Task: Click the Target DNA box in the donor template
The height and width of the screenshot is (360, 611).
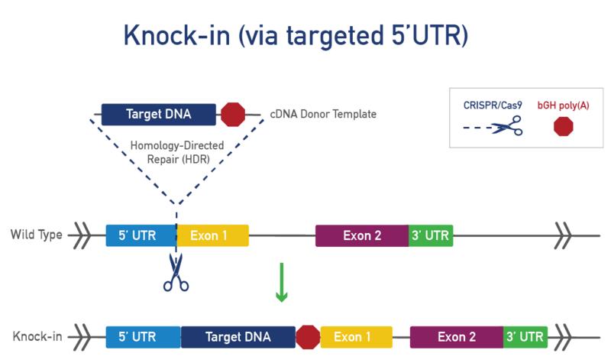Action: (159, 115)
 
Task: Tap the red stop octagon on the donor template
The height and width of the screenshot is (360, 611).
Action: (232, 115)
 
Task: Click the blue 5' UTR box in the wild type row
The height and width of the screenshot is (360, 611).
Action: (141, 235)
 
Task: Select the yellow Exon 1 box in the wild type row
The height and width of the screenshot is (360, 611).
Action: (213, 235)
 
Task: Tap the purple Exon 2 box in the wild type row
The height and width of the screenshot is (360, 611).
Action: (361, 235)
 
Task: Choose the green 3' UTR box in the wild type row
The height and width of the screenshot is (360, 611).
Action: (432, 235)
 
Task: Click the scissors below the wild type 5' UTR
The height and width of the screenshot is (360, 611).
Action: (176, 274)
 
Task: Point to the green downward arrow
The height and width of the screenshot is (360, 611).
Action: (282, 283)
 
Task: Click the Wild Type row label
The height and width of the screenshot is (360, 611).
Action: (36, 235)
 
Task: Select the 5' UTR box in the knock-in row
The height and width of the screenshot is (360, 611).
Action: (142, 336)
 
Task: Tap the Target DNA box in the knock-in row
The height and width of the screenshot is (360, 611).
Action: (238, 336)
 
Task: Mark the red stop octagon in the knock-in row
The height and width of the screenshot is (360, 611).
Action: (307, 336)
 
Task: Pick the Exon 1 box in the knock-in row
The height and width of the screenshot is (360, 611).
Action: (357, 336)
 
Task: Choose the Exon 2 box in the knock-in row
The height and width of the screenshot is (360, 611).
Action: (456, 336)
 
